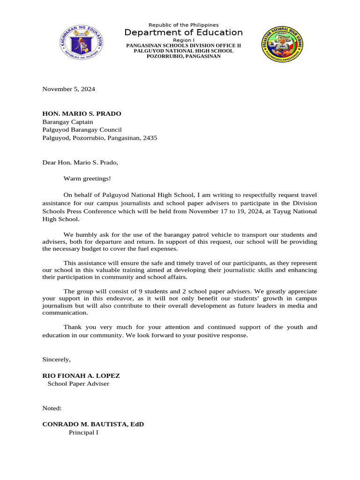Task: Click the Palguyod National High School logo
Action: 282,45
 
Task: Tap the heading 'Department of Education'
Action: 183,32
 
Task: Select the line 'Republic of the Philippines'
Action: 183,25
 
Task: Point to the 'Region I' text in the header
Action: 183,40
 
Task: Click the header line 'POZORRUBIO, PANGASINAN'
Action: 183,56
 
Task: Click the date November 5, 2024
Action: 68,89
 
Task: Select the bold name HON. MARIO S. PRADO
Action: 82,113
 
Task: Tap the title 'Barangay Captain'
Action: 67,122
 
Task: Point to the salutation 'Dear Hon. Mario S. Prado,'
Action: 80,163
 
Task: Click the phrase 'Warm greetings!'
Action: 87,179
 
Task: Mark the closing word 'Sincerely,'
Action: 56,359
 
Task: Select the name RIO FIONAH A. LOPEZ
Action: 81,375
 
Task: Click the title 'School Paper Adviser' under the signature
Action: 78,383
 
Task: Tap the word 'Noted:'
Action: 52,408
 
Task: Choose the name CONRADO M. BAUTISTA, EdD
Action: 93,424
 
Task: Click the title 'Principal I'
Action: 83,432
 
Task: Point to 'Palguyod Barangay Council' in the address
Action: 82,130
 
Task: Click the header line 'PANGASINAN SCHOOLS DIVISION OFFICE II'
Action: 183,46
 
